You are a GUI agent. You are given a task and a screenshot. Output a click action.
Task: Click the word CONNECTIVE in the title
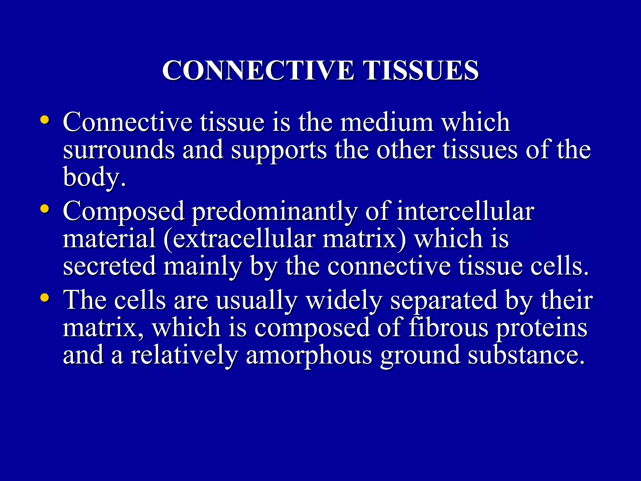(259, 70)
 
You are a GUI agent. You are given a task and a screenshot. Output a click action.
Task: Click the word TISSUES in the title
(421, 70)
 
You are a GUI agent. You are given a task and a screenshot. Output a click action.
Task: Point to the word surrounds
(119, 150)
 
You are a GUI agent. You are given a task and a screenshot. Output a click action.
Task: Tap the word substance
(526, 355)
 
